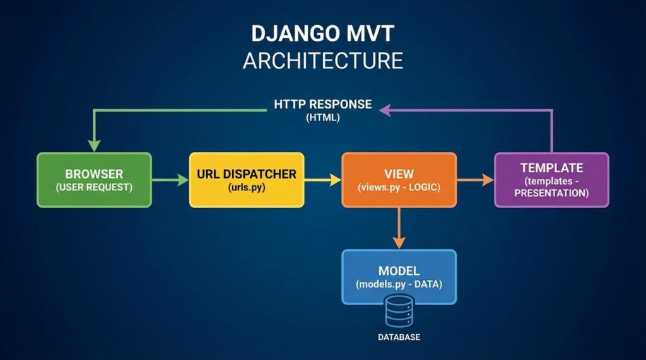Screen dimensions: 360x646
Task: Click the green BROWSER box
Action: (x=94, y=180)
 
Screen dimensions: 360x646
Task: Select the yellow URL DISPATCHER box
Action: (x=247, y=180)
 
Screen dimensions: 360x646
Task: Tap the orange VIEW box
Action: (x=399, y=180)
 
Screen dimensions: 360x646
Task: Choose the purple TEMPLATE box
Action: (x=551, y=180)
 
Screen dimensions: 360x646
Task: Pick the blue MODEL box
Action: (x=399, y=277)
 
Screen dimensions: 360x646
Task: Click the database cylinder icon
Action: (x=399, y=313)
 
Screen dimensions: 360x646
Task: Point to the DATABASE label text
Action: (x=399, y=337)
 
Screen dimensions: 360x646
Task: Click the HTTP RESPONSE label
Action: (x=323, y=104)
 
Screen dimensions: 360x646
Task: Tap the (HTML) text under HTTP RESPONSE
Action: (x=323, y=117)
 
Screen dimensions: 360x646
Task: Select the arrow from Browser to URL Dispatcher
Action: (x=170, y=180)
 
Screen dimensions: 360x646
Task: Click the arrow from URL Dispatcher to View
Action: (x=323, y=180)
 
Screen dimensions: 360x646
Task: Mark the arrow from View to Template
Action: (x=475, y=180)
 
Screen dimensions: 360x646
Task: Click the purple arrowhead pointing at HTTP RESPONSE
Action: (x=384, y=110)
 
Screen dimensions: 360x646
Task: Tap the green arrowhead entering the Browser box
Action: (x=94, y=146)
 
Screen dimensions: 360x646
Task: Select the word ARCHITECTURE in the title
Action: (x=323, y=61)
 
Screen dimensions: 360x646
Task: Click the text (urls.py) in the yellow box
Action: (x=247, y=187)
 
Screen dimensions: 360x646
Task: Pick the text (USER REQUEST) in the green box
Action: (x=94, y=187)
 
